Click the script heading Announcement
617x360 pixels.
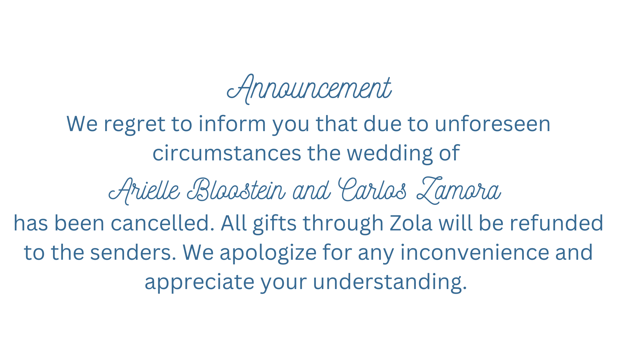tap(309, 89)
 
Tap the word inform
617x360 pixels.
tap(232, 123)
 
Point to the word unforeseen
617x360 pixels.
tap(493, 123)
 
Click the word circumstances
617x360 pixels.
tap(227, 153)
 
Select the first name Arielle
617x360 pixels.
tap(144, 190)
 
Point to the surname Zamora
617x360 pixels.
tap(459, 190)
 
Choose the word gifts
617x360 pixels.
tap(275, 224)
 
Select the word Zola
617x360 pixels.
tap(411, 223)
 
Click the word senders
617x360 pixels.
tap(133, 252)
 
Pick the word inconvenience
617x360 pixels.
tap(475, 252)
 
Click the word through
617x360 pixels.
tap(343, 224)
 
